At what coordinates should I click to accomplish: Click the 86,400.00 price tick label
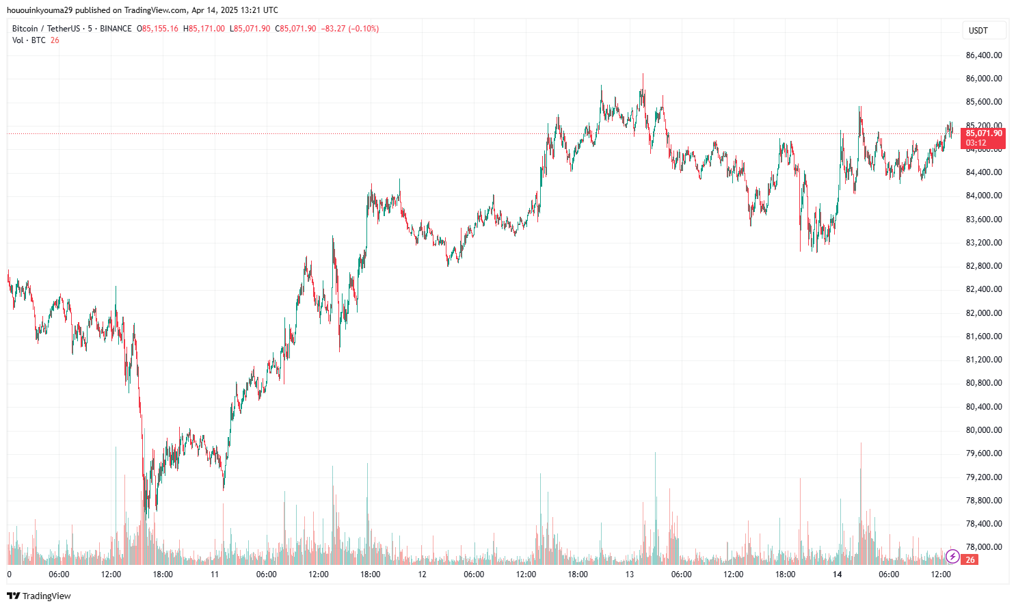(984, 55)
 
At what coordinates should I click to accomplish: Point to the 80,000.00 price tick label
(984, 430)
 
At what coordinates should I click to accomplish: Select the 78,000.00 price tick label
(984, 547)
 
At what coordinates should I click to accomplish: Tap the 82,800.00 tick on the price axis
(984, 266)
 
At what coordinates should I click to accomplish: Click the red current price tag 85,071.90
(983, 133)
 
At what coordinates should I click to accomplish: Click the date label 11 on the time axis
(215, 574)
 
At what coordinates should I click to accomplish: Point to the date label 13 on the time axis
(630, 574)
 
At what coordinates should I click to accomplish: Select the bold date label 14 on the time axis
(837, 574)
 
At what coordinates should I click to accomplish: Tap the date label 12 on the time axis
(423, 574)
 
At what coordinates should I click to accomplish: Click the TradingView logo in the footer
(39, 596)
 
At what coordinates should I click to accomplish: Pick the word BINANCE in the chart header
(116, 29)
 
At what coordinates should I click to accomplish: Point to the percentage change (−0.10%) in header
(364, 29)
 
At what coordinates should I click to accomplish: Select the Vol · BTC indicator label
(29, 40)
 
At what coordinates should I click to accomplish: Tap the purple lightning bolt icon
(952, 557)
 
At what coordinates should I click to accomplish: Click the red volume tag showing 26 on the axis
(970, 559)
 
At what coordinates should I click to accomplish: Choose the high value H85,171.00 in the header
(204, 29)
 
